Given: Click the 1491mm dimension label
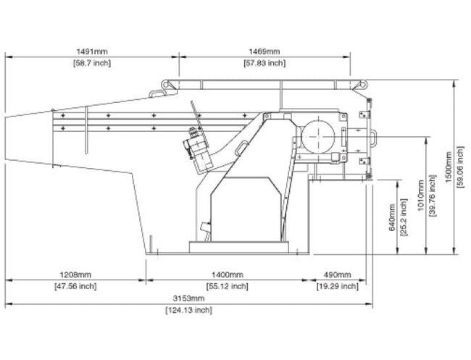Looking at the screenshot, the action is tap(92, 51).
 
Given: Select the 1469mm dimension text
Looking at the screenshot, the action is tap(264, 51).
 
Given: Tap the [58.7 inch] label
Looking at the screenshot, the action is tap(92, 63).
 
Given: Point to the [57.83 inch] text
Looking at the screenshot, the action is tap(264, 63).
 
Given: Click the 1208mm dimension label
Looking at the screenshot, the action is tap(75, 275).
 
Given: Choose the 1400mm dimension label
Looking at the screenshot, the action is tap(228, 275).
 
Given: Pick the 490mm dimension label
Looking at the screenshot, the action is tap(338, 275).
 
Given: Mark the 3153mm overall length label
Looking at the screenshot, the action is tap(188, 298).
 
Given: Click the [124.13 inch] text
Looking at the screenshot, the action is tap(188, 310).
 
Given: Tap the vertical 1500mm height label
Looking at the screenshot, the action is tap(449, 167).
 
